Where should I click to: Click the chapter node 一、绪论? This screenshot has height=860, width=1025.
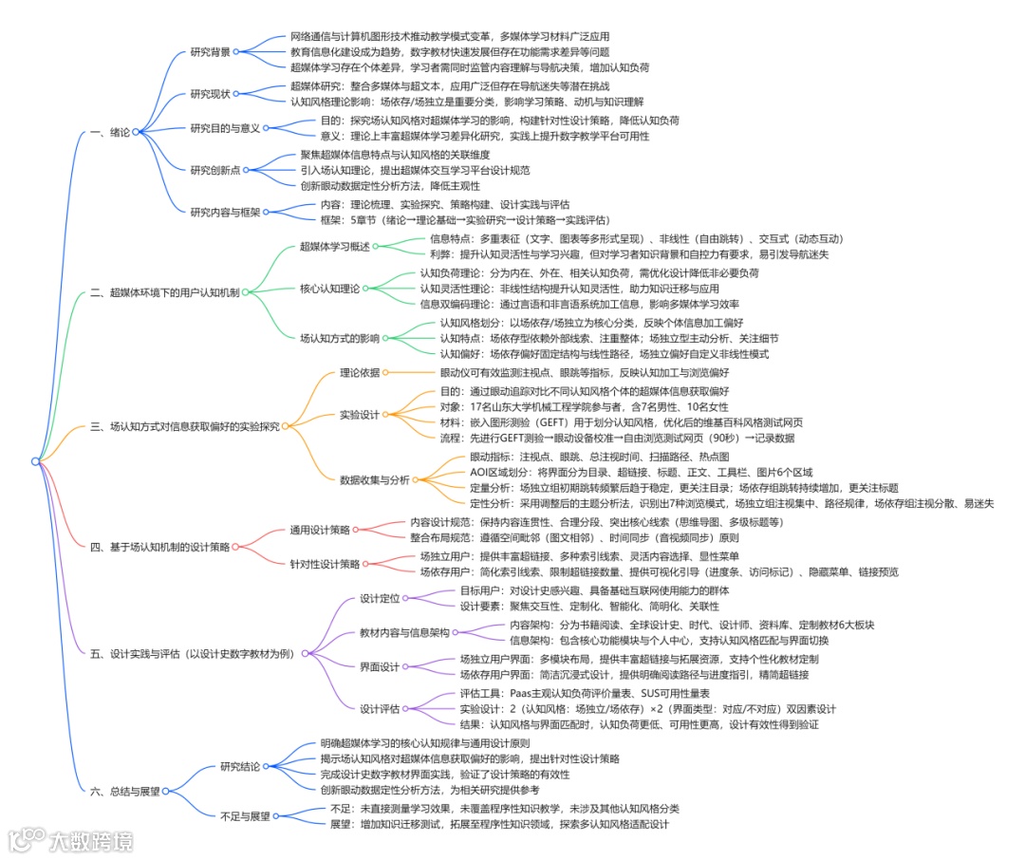[111, 132]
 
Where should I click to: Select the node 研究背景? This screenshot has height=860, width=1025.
[210, 51]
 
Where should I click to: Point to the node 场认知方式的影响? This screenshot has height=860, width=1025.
[339, 338]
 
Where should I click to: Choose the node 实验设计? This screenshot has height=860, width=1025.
[359, 415]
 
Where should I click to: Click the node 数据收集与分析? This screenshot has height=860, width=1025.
[375, 479]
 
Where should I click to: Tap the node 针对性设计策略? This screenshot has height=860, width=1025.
[325, 564]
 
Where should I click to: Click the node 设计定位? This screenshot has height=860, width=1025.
[380, 598]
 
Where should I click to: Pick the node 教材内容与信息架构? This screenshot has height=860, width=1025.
[403, 632]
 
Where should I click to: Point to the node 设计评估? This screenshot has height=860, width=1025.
[380, 709]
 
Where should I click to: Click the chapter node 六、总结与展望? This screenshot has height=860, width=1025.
[124, 790]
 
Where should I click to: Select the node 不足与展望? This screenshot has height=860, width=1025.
[246, 815]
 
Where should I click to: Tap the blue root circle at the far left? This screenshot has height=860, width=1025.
[35, 461]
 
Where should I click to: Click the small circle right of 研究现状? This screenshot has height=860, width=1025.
[237, 93]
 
